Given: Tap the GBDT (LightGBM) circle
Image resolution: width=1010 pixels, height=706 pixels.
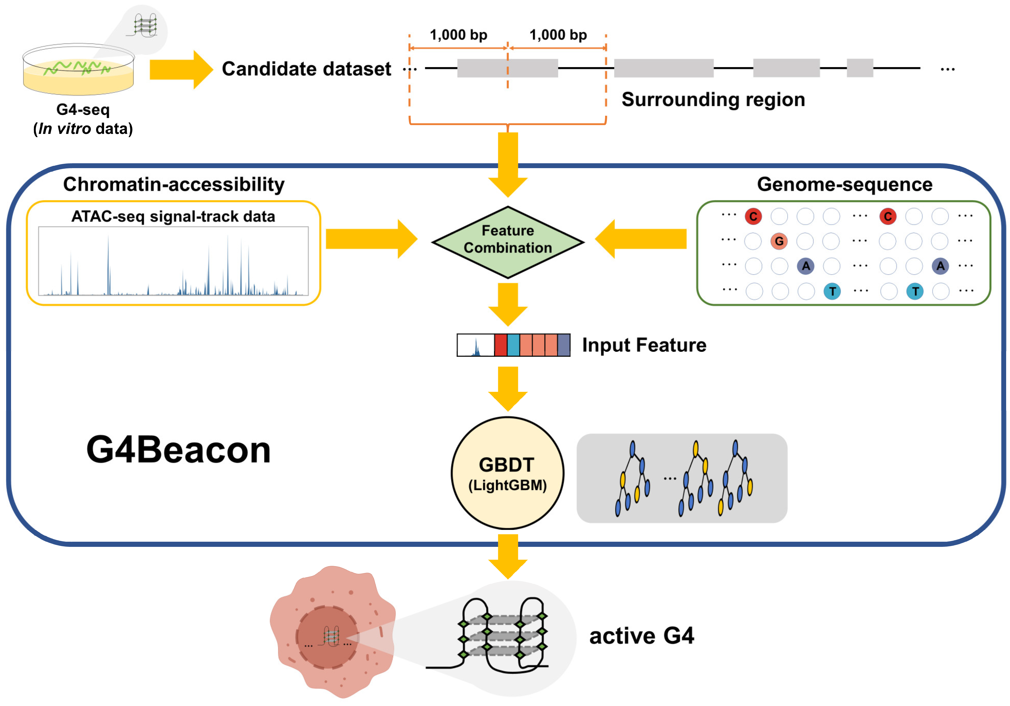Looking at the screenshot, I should point(508,473).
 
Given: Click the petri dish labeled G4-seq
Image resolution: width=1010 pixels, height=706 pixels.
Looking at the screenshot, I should point(78,70).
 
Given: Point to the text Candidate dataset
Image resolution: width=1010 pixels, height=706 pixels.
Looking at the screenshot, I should point(306,69).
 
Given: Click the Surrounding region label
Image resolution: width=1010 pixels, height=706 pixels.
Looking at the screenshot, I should point(713,99).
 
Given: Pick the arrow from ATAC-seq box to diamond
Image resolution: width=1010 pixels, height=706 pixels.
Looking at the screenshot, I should point(370,239).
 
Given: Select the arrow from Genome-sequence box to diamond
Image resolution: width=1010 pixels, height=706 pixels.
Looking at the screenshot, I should point(641,239).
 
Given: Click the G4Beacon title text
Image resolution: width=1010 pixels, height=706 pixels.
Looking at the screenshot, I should point(178,450).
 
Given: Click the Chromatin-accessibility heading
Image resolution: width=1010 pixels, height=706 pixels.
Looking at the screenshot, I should point(174,184).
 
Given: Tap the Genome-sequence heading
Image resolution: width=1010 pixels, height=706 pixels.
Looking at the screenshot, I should point(844,184).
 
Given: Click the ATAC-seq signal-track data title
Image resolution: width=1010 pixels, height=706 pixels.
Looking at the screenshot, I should point(173,216).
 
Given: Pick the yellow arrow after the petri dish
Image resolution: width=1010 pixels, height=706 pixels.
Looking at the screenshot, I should point(180,69).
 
